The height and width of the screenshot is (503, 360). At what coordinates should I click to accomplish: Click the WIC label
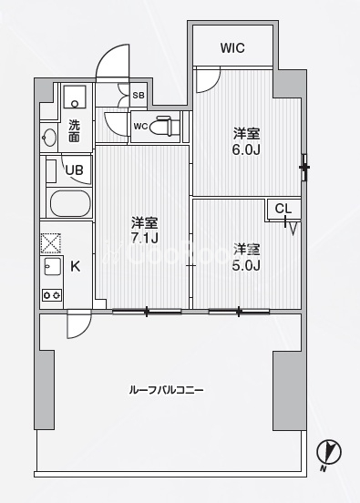pos(232,48)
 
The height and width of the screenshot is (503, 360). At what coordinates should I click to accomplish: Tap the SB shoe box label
pos(139,96)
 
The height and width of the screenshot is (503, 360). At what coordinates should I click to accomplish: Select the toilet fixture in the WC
pos(167,126)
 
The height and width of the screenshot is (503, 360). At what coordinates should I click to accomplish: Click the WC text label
pos(140,127)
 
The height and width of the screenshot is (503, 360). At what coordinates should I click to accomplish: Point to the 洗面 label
pos(74,131)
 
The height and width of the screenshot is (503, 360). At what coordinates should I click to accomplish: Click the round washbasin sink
pos(49,138)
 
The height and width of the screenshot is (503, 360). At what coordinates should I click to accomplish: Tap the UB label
pos(74,170)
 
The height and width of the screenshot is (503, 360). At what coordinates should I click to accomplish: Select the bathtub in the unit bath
pos(70,204)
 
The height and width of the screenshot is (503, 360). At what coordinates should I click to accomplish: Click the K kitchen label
pos(75,266)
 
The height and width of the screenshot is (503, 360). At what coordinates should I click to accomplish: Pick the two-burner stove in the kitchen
pos(52,295)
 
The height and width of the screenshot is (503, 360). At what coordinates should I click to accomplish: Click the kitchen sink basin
pos(52,266)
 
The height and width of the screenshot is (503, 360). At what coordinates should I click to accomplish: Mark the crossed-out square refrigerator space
pos(51,242)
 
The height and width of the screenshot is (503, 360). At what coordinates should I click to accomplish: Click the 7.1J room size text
pos(144,238)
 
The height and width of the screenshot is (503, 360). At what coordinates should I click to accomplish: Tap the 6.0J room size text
pos(246,149)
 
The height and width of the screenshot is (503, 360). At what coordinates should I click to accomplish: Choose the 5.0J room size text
pos(246,265)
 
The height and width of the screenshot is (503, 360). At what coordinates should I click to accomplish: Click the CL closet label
pos(283,209)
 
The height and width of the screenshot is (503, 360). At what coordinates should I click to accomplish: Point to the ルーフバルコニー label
pos(166,390)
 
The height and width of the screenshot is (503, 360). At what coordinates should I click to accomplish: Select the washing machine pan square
pos(75,97)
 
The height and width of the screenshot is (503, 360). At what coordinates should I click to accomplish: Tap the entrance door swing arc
pos(112,61)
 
